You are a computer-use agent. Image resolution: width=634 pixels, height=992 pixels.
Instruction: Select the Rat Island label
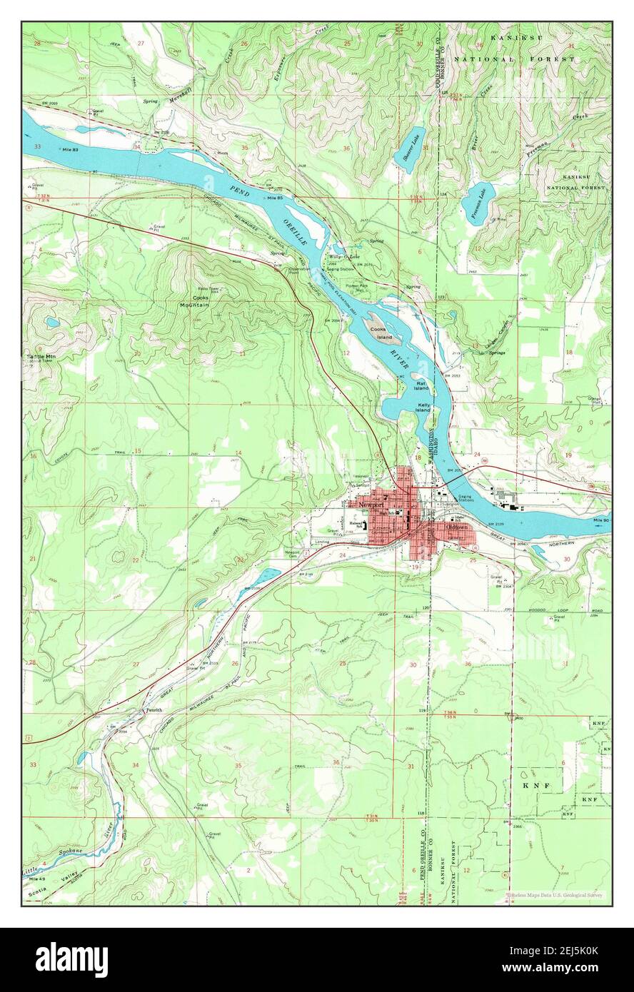point(422,386)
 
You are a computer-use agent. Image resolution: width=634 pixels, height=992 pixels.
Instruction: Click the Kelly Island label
point(423,408)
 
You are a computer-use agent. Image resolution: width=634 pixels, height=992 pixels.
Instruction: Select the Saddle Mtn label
point(42,355)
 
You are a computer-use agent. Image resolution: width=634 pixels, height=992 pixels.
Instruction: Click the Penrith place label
point(154,710)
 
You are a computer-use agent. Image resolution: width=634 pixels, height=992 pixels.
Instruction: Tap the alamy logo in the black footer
point(72,960)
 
